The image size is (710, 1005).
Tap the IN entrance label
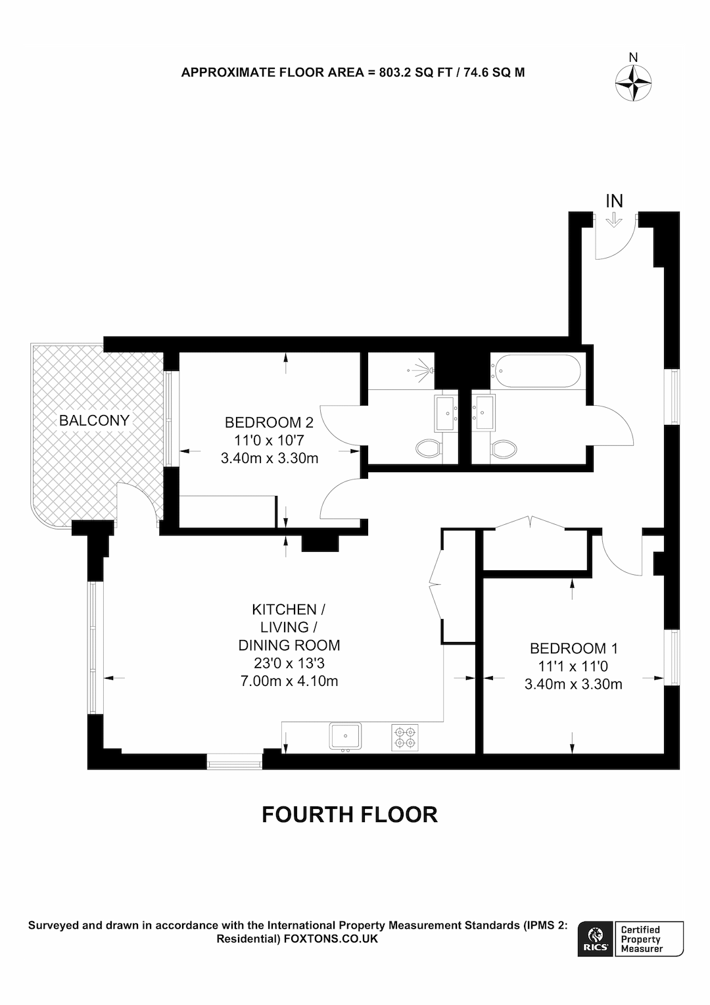pos(614,201)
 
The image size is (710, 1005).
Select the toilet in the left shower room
pos(429,449)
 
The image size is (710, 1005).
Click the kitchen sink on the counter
pos(345,736)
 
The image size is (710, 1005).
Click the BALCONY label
pos(95,420)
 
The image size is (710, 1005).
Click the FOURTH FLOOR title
pos(350,814)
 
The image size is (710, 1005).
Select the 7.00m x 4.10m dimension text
pos(289,681)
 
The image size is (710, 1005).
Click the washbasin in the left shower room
pos(448,414)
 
